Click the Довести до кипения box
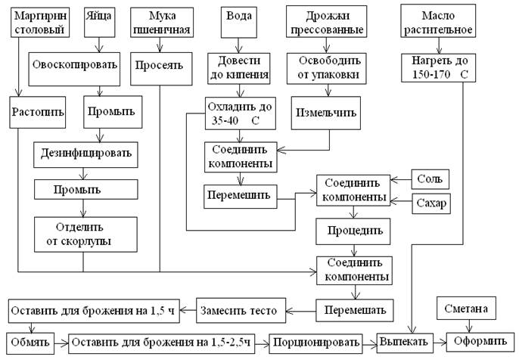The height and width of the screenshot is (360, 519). [x=238, y=65]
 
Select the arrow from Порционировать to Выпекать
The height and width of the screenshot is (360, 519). [x=368, y=343]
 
